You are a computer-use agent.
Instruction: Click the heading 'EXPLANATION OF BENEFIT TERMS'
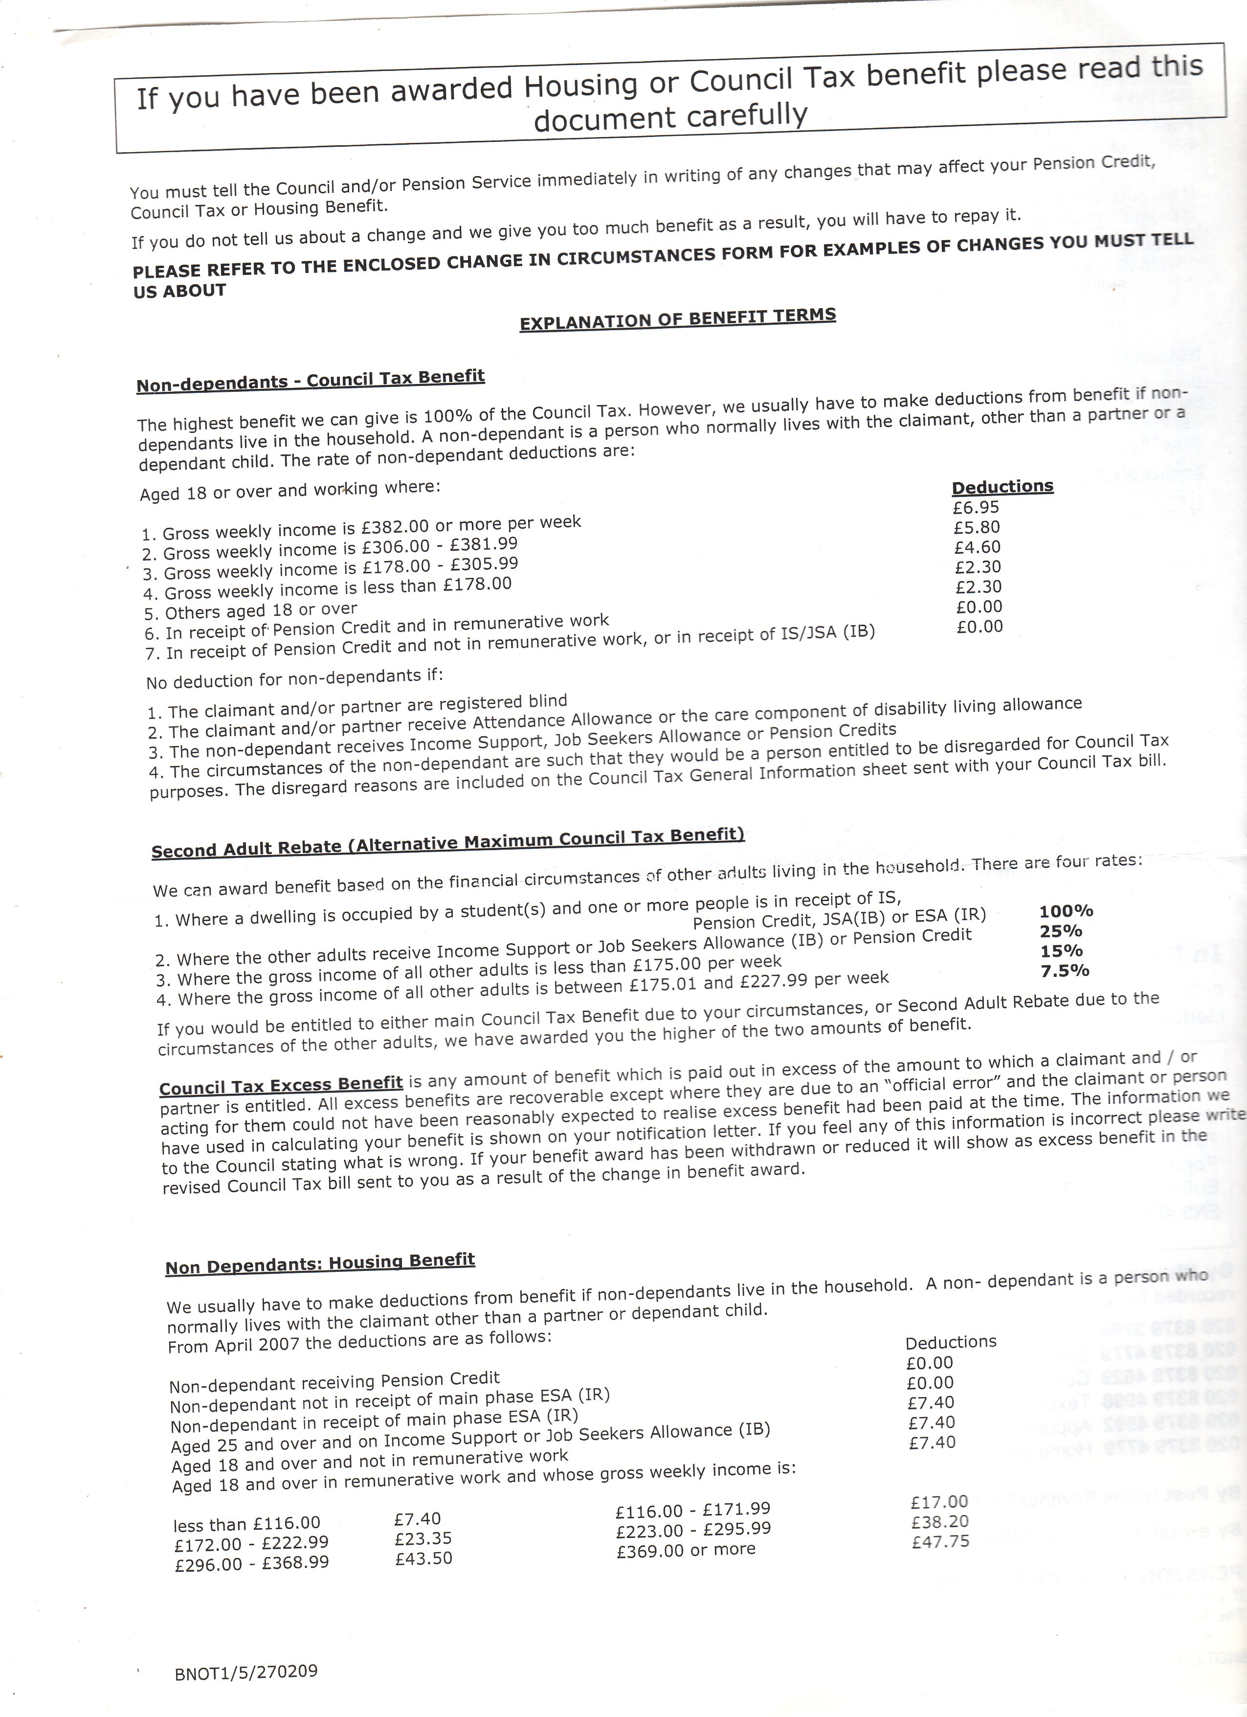click(x=677, y=319)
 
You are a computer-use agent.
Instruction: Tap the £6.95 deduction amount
click(x=976, y=507)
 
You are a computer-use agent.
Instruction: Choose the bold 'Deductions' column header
click(x=1002, y=486)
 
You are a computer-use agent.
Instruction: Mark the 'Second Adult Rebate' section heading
click(x=448, y=842)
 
